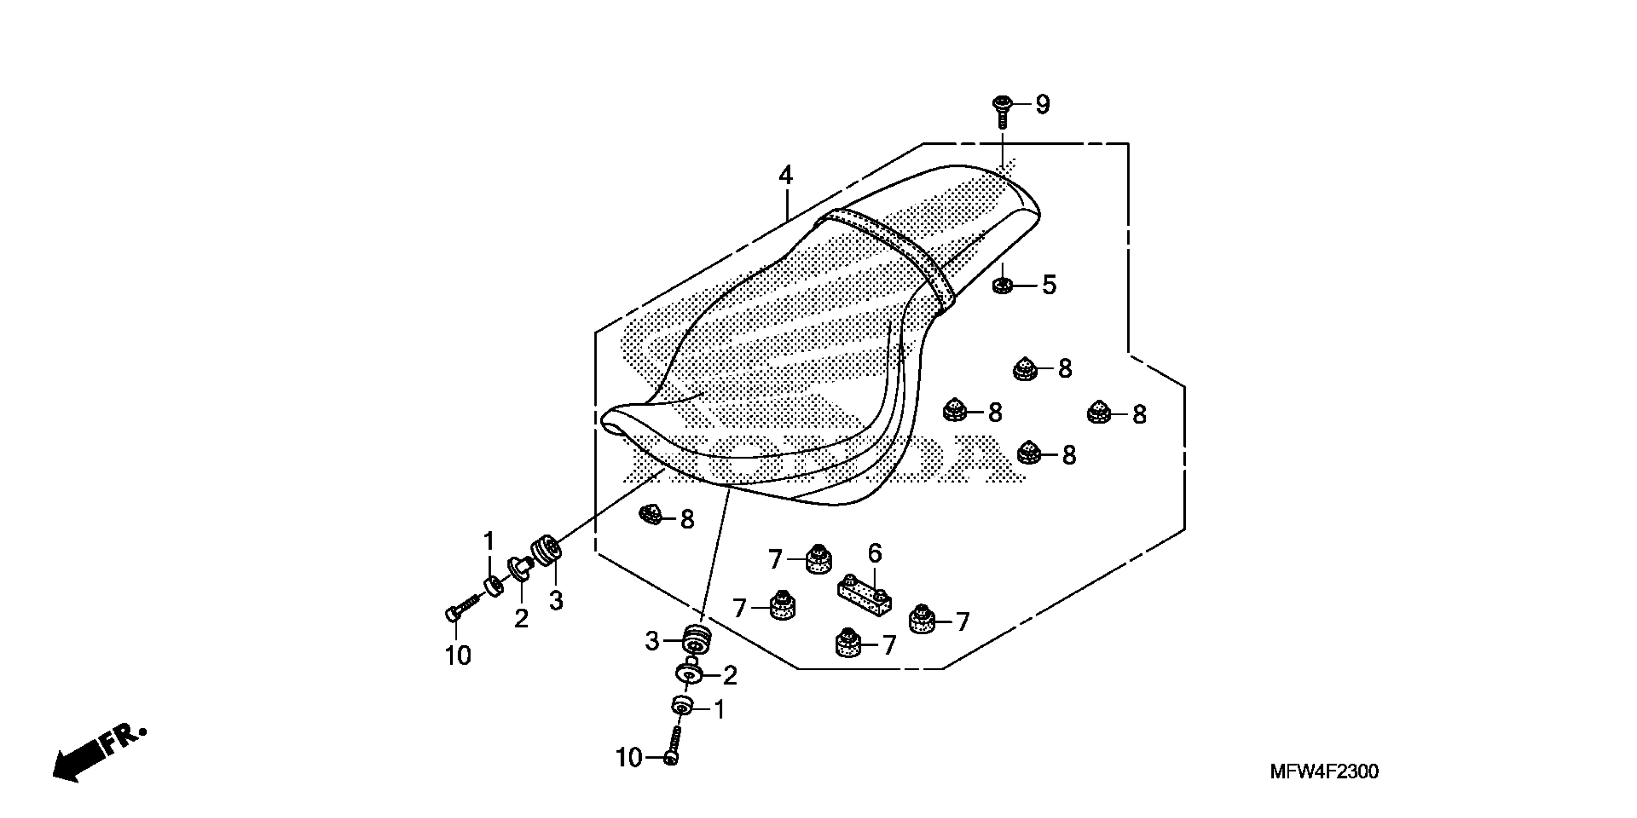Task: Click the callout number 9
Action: point(1042,105)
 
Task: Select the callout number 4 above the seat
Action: point(786,176)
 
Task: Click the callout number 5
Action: point(1049,285)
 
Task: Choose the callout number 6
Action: point(875,554)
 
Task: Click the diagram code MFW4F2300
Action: point(1324,772)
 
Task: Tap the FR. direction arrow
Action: point(95,756)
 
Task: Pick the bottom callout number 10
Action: point(629,758)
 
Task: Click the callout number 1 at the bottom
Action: point(719,710)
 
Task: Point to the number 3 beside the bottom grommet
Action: point(652,641)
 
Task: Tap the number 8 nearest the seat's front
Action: point(687,520)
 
